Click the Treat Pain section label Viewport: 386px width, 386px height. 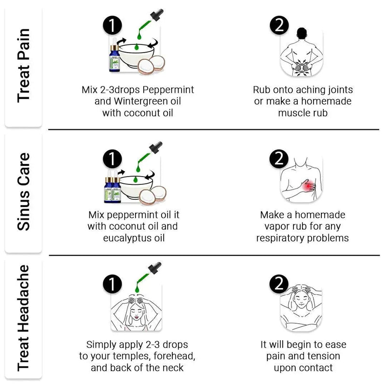pyautogui.click(x=23, y=65)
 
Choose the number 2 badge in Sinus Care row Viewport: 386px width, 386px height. pyautogui.click(x=279, y=159)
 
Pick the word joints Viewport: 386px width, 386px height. pyautogui.click(x=336, y=90)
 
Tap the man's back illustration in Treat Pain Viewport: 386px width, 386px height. pyautogui.click(x=302, y=53)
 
